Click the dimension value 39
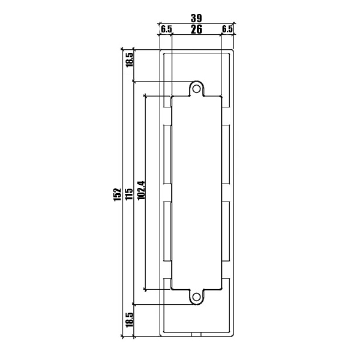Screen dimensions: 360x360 pos(196,18)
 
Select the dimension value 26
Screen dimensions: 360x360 pos(197,29)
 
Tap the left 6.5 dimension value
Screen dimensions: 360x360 pos(166,29)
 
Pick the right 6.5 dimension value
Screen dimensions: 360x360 pos(227,29)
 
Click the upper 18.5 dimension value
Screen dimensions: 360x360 pos(130,59)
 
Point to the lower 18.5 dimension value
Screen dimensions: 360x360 pos(130,320)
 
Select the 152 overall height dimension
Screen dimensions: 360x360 pos(118,194)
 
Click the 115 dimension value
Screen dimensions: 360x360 pos(129,194)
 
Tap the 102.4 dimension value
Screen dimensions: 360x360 pos(141,190)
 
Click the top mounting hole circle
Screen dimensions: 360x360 pos(196,89)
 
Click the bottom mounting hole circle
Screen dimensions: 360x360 pos(196,297)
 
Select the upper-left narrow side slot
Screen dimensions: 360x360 pos(167,154)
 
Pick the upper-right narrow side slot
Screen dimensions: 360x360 pos(226,154)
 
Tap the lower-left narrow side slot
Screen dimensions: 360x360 pos(167,231)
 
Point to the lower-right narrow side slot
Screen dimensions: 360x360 pos(226,231)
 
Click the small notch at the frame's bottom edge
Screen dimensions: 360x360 pos(196,334)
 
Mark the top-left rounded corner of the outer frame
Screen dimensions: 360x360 pos(160,50)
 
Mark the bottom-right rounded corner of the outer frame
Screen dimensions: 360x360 pos(233,335)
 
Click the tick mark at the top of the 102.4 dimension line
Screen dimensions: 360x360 pos(145,95)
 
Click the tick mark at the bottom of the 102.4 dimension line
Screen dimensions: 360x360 pos(145,290)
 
